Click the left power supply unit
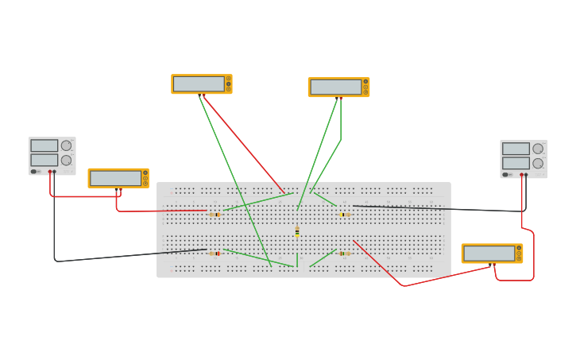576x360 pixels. coord(52,155)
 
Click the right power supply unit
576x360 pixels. coord(524,158)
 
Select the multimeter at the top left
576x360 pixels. coord(201,83)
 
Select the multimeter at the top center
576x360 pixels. coord(338,87)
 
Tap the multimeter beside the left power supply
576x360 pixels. coord(118,178)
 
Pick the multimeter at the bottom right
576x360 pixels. coord(492,253)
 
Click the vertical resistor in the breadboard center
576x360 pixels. coord(297,230)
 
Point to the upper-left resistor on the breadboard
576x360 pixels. coord(214,215)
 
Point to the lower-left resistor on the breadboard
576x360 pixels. coord(215,254)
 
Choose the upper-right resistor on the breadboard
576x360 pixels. coord(344,215)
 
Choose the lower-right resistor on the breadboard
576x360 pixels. coord(344,254)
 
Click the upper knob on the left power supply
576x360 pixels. coord(66,145)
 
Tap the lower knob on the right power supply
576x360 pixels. coord(538,164)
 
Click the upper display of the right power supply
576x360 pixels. coord(515,149)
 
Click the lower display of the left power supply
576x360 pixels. coord(44,160)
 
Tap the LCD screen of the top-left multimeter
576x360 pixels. coord(198,83)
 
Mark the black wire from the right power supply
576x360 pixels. coord(445,209)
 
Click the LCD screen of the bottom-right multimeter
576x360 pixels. coord(489,253)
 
